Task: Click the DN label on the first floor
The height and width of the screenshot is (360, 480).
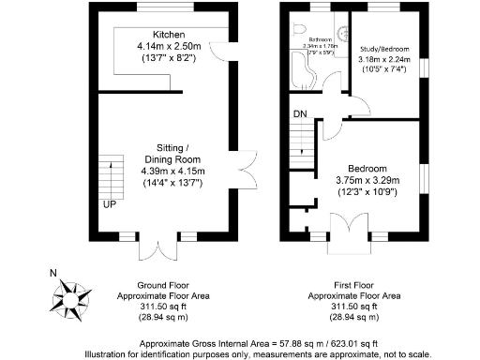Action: (x=299, y=114)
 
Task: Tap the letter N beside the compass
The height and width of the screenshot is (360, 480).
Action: (x=52, y=275)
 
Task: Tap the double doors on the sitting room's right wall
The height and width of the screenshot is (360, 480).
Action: (x=246, y=168)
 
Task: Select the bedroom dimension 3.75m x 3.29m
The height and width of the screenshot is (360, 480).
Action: (x=367, y=181)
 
